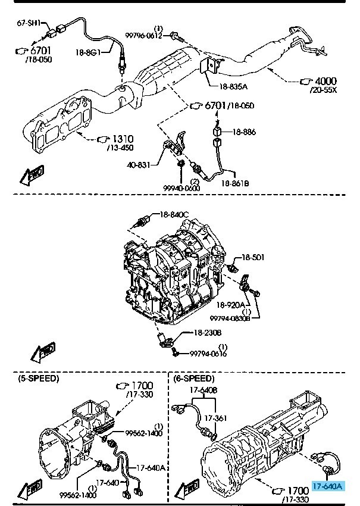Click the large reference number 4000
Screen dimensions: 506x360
[325, 82]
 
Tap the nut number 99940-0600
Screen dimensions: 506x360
[181, 188]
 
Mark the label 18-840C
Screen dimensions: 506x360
[174, 214]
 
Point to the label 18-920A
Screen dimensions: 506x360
[231, 305]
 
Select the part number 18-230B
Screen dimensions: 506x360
[206, 333]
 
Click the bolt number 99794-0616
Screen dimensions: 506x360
[209, 354]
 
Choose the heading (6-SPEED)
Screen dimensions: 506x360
[194, 378]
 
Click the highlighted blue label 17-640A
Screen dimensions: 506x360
[327, 486]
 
